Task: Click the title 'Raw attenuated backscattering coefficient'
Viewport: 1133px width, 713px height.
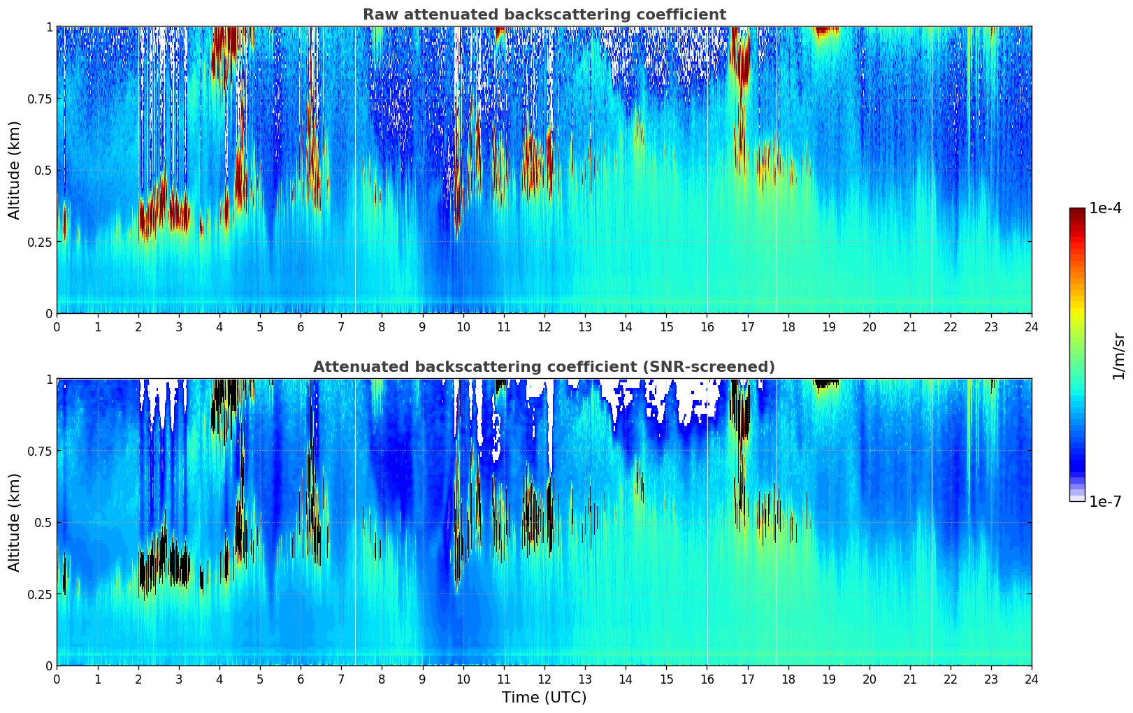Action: pos(544,15)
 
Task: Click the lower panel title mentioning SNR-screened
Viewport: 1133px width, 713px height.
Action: pos(544,367)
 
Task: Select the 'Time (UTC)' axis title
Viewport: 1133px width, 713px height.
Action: pos(544,698)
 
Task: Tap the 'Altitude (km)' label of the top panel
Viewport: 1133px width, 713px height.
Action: pos(15,170)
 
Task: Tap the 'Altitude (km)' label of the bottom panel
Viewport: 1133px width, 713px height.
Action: pos(15,522)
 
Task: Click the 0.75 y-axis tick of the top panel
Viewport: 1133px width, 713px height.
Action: pos(40,99)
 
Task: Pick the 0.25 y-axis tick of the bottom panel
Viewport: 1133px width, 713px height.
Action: pos(40,594)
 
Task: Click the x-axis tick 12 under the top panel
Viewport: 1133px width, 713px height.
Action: pos(544,326)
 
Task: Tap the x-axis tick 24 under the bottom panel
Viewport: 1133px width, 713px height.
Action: pos(1031,679)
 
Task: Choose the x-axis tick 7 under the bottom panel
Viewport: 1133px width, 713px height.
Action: pos(341,679)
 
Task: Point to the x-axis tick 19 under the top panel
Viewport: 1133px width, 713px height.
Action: pos(828,326)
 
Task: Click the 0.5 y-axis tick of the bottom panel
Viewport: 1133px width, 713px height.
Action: pos(43,522)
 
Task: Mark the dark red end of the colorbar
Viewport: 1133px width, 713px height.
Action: pos(1076,211)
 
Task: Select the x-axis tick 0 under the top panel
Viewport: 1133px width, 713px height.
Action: pos(57,326)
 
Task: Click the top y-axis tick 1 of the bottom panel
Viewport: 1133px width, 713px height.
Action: pos(49,380)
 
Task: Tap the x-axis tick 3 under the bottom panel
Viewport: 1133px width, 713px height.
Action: pos(179,679)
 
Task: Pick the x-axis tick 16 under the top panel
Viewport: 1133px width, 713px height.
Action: pos(707,326)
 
